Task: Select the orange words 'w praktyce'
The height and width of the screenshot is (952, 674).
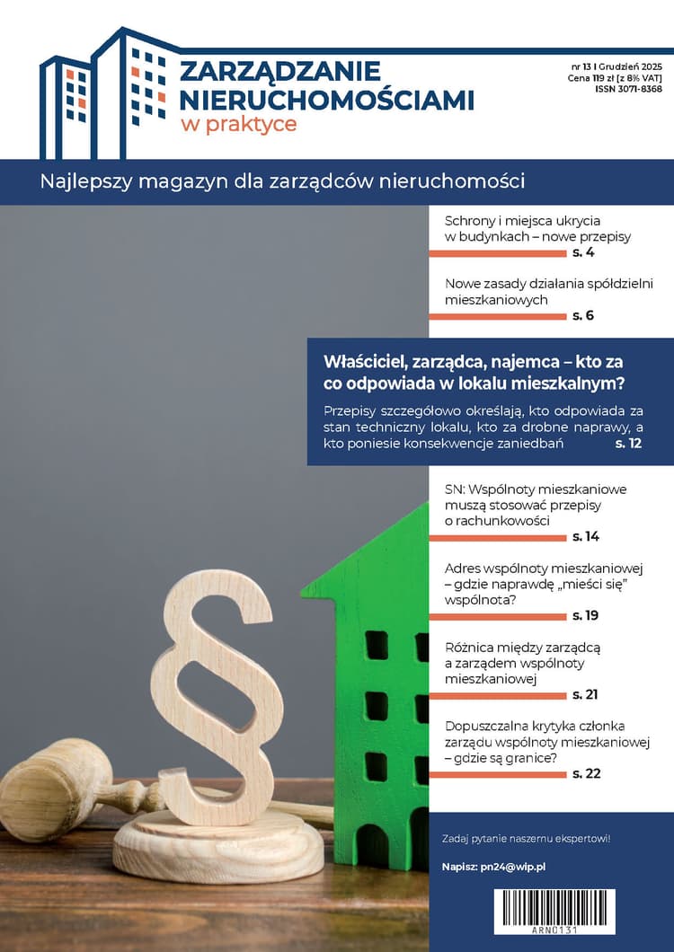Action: tap(238, 124)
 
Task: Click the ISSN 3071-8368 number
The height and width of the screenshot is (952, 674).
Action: tap(628, 90)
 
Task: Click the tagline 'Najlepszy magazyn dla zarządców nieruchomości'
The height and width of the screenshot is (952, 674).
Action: tap(282, 181)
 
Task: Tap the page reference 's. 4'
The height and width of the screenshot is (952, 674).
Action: tap(583, 253)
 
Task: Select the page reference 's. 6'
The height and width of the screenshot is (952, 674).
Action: tap(583, 315)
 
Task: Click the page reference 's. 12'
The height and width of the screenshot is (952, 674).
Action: tap(627, 444)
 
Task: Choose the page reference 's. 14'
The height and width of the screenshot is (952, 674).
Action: tap(585, 536)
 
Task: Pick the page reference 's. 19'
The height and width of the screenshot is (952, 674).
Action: tap(585, 615)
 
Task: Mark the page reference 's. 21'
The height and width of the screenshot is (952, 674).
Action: tap(585, 694)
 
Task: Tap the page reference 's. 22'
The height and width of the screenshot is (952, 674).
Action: tap(585, 773)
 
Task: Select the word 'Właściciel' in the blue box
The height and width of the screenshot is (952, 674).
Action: tap(361, 362)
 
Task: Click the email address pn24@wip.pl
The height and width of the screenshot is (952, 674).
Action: tap(527, 867)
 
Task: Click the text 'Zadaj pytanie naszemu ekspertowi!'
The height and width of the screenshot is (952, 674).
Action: tap(527, 839)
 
